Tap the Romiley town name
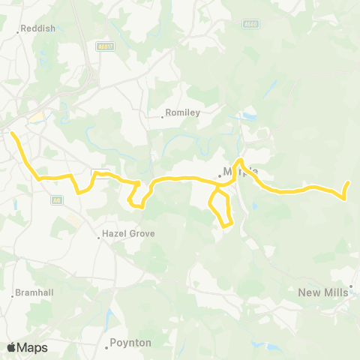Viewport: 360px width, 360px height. tap(182, 113)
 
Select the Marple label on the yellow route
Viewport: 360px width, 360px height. tap(241, 171)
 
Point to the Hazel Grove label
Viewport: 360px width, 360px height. tap(129, 233)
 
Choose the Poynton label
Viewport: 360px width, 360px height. tap(131, 343)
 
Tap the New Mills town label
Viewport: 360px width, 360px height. tap(322, 292)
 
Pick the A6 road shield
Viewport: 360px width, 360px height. tap(57, 200)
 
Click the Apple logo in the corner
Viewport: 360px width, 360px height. tap(11, 347)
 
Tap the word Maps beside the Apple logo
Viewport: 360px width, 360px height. tap(32, 347)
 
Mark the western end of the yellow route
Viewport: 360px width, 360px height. tap(12, 133)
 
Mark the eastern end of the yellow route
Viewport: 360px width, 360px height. tap(349, 183)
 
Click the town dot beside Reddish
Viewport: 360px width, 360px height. tap(17, 32)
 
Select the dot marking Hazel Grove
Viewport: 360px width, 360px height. tap(99, 238)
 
